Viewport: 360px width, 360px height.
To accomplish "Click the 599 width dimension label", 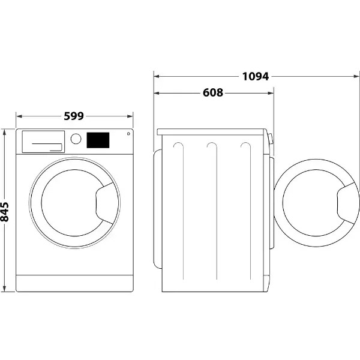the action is click(x=73, y=116).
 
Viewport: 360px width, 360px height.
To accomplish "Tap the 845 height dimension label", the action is click(x=4, y=212).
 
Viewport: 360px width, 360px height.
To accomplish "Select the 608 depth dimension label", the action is click(x=213, y=92).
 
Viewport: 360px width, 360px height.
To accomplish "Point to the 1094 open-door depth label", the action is click(x=256, y=76).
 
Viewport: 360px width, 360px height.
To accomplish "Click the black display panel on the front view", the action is click(x=98, y=140).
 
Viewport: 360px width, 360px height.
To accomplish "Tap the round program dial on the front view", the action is click(x=76, y=139).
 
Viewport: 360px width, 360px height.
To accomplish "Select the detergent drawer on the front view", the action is click(x=43, y=142).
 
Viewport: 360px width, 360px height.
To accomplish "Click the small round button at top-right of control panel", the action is click(x=128, y=134).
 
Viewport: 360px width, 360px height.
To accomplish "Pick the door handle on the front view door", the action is click(x=105, y=203).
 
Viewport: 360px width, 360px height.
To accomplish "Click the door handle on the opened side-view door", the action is click(x=347, y=203).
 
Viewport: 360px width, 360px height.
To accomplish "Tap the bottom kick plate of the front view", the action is click(x=74, y=283).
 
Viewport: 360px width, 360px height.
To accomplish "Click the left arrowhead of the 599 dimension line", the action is click(x=19, y=116).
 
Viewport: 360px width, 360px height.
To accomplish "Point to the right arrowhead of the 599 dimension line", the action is click(x=130, y=116).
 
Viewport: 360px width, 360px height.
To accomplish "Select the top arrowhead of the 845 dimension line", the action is click(x=4, y=132).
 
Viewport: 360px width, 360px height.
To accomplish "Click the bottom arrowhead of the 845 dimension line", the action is click(x=4, y=289).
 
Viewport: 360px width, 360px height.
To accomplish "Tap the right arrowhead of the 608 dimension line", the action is click(x=271, y=93).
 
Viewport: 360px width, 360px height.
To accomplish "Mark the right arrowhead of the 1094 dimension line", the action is click(x=356, y=76).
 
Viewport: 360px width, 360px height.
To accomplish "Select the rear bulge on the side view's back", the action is click(x=158, y=209).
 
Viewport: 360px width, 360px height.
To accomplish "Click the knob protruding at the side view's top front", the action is click(x=271, y=139).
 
